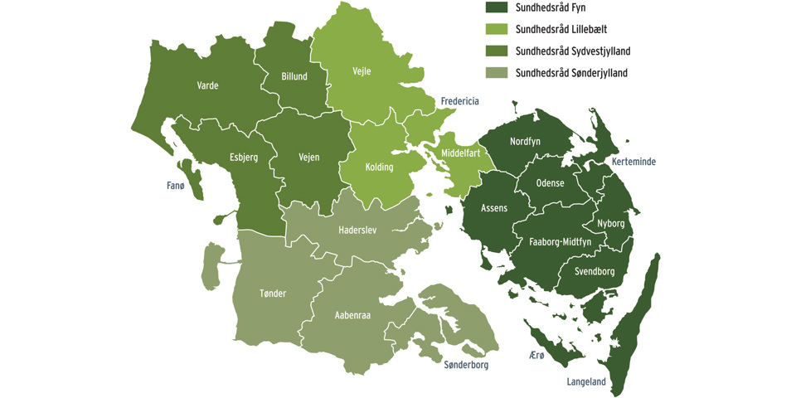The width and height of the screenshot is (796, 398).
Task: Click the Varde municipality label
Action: (x=207, y=85)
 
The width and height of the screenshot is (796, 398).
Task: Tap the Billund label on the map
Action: (x=294, y=77)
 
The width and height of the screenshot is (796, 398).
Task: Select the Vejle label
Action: (x=362, y=71)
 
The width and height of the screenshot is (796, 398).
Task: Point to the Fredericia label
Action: (x=459, y=101)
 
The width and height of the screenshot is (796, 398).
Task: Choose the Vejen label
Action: (x=308, y=157)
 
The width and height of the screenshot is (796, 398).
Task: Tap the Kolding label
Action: (x=379, y=167)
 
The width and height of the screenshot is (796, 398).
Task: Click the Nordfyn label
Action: (x=525, y=142)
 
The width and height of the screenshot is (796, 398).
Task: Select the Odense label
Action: (x=550, y=183)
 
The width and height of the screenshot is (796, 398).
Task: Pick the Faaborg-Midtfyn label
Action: (x=560, y=243)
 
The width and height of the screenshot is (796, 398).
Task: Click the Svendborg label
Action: (x=594, y=271)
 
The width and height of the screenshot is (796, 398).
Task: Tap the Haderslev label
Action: (x=357, y=230)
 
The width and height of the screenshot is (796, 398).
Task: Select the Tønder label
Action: (x=273, y=294)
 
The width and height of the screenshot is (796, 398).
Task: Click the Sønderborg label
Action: (x=466, y=365)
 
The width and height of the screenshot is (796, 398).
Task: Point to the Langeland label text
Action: (x=586, y=382)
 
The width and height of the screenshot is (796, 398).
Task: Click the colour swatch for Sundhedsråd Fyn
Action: (x=497, y=7)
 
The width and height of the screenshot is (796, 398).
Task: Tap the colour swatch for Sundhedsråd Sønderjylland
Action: (x=497, y=73)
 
